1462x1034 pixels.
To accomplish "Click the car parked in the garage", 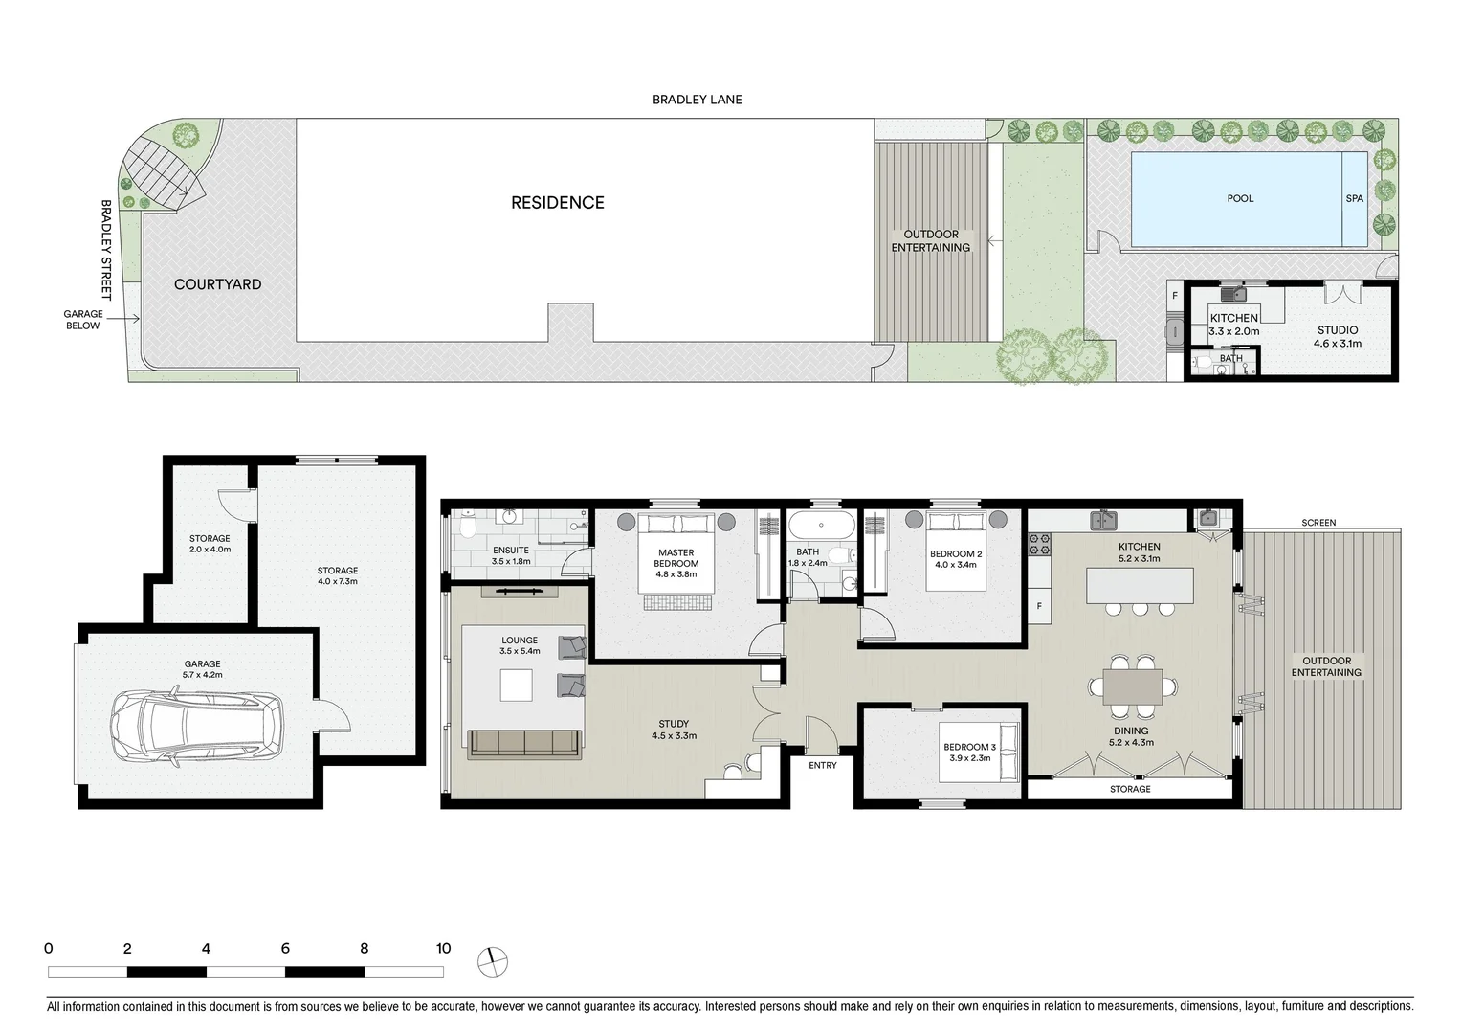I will pos(196,729).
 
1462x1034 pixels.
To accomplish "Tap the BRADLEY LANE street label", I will pos(697,100).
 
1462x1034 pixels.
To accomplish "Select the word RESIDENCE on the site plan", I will pos(557,203).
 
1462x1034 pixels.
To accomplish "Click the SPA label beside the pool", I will pos(1354,199).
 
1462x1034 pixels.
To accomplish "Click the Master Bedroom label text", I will pos(676,558).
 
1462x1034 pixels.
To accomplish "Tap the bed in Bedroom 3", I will pos(977,753).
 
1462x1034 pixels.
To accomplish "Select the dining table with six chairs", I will pos(1132,686).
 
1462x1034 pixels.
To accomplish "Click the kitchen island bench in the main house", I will pos(1140,584).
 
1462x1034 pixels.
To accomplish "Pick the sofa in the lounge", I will pos(524,742).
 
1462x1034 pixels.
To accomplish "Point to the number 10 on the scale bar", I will pos(443,949).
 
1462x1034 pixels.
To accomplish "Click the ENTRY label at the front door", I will pos(822,765).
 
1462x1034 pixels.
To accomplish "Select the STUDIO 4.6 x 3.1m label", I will pos(1337,336).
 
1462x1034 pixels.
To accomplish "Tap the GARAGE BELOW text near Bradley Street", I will pos(83,320).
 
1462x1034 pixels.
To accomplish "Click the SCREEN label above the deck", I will pos(1318,523).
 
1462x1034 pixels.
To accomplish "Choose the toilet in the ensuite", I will pos(468,528).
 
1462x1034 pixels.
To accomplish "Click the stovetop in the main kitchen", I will pos(1039,545).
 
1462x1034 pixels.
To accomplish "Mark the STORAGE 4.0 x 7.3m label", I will pos(338,576).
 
